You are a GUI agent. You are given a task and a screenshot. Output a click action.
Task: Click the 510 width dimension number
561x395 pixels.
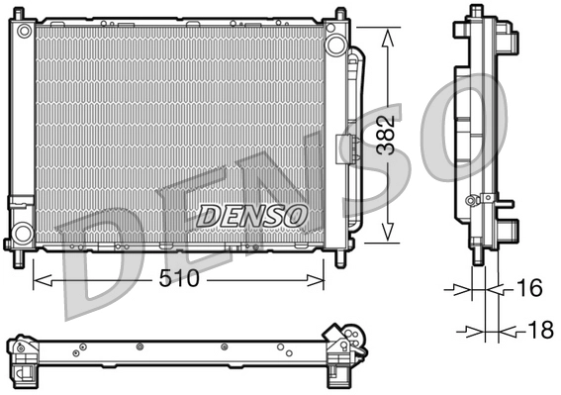[180, 279]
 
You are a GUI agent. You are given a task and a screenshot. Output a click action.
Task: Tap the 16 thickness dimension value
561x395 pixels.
[530, 289]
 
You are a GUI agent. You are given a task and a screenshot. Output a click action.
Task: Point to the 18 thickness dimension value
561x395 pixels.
[539, 331]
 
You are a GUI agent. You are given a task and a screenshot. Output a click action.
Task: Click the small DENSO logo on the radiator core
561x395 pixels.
[253, 214]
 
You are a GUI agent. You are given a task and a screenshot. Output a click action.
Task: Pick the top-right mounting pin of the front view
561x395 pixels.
[341, 14]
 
